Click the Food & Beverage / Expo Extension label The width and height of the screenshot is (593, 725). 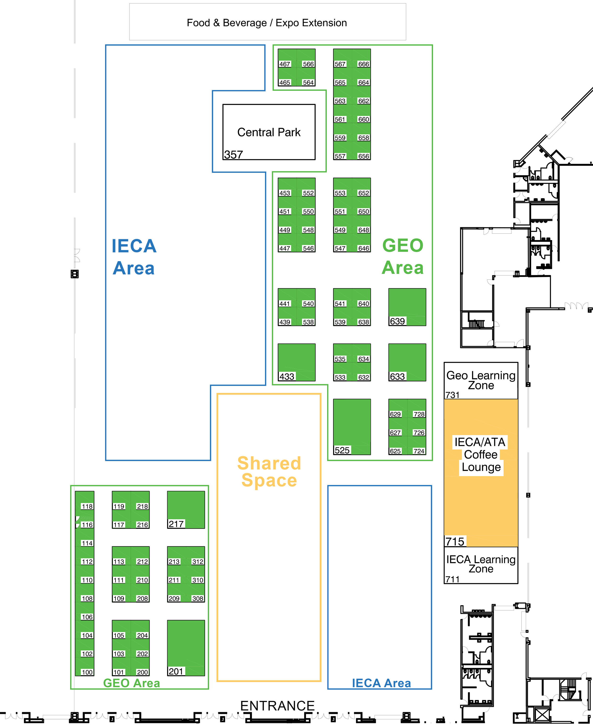(x=267, y=23)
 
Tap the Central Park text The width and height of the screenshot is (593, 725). (x=269, y=132)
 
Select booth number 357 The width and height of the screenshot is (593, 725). (x=233, y=155)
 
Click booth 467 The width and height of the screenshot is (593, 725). (x=285, y=64)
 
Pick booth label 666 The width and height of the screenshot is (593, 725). (x=363, y=64)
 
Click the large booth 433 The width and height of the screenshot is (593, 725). (x=296, y=362)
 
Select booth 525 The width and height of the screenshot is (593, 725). (x=352, y=427)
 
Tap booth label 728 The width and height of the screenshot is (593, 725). (x=419, y=414)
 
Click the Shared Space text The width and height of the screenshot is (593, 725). (x=269, y=472)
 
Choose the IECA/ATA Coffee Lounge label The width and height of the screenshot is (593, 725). (x=481, y=455)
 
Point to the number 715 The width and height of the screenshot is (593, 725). (x=455, y=542)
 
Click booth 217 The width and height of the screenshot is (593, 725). (x=186, y=510)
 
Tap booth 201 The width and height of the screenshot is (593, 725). (x=186, y=648)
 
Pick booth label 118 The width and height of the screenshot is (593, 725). (x=87, y=507)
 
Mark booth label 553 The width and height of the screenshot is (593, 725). (x=340, y=193)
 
